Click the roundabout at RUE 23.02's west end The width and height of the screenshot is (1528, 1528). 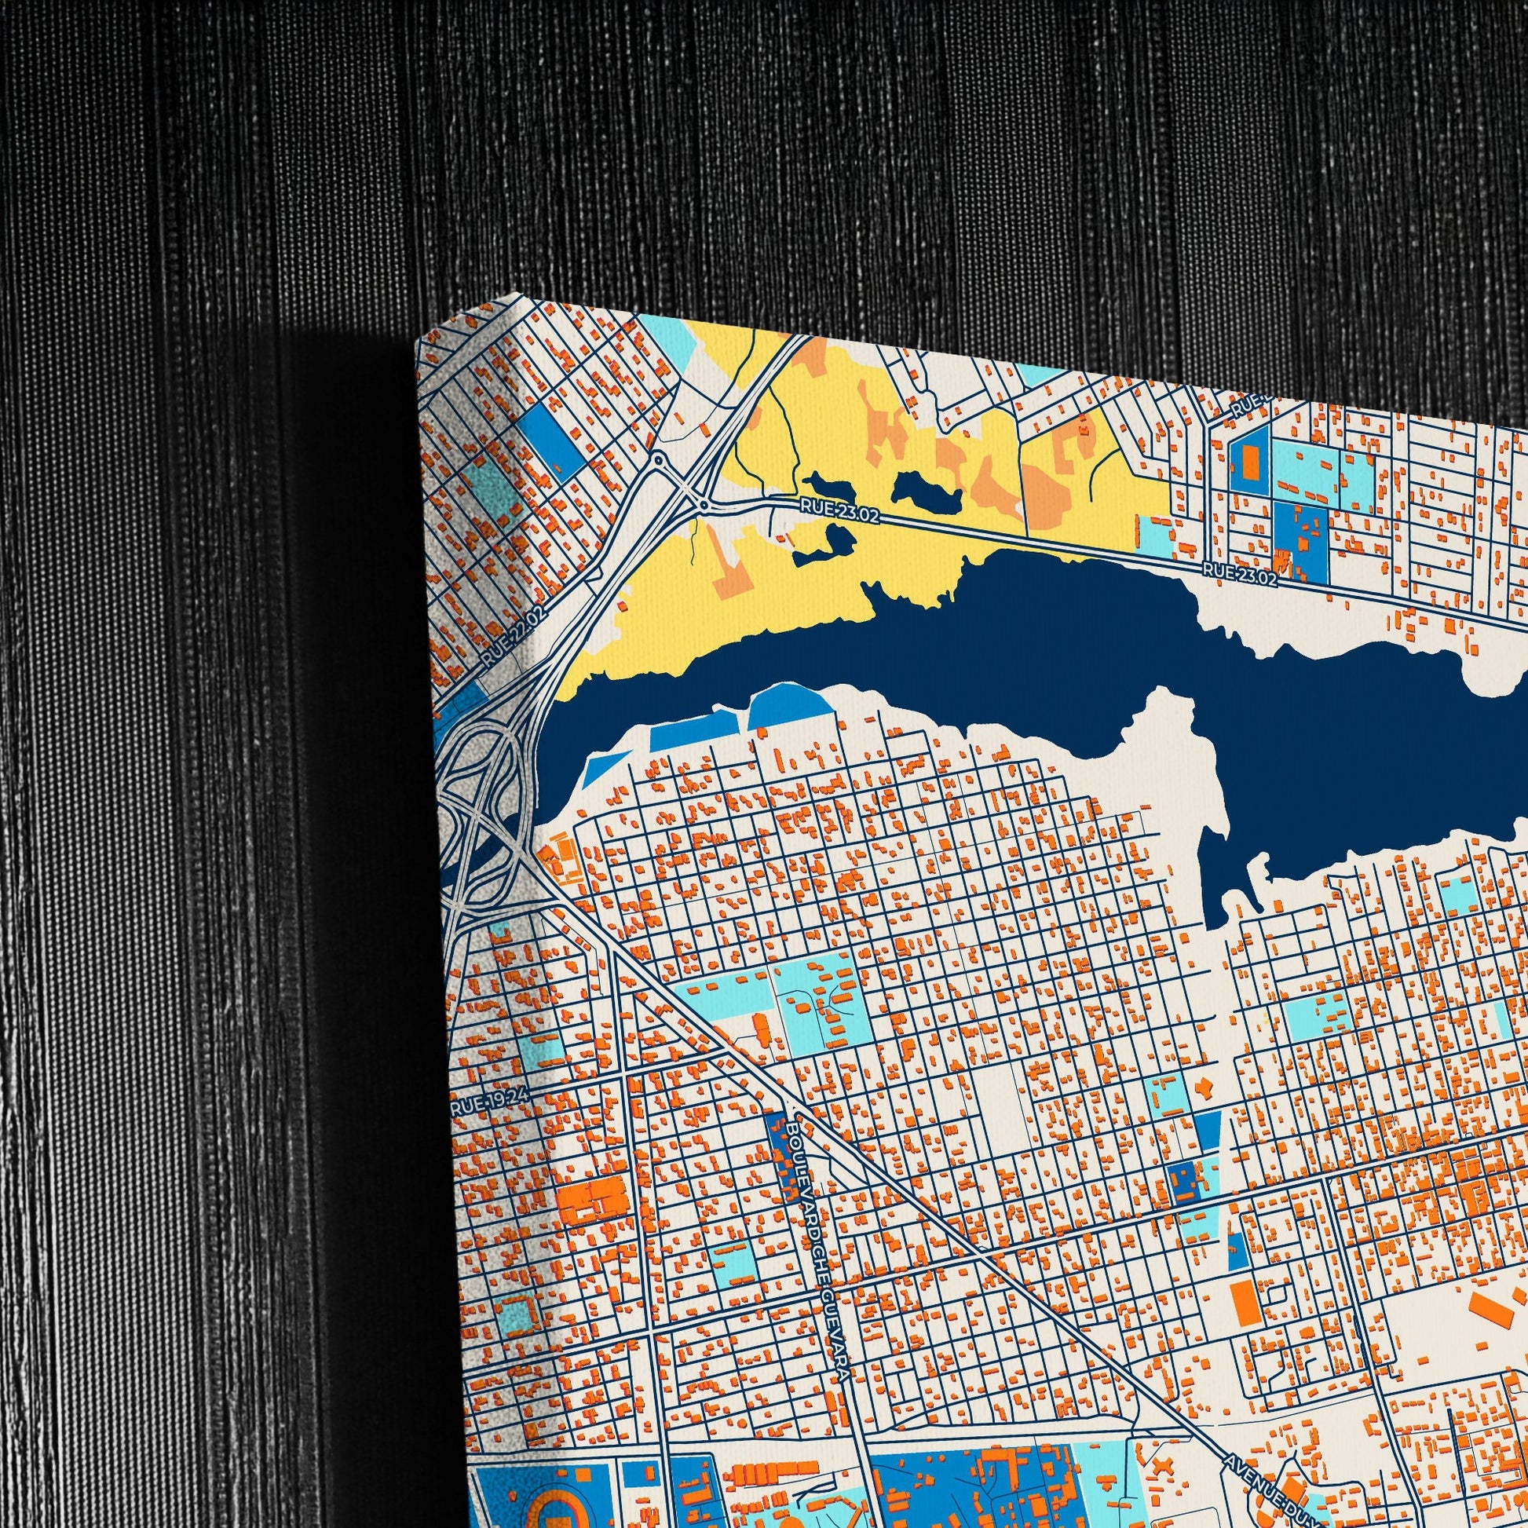point(702,503)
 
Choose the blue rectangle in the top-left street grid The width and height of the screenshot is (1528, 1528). point(553,440)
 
